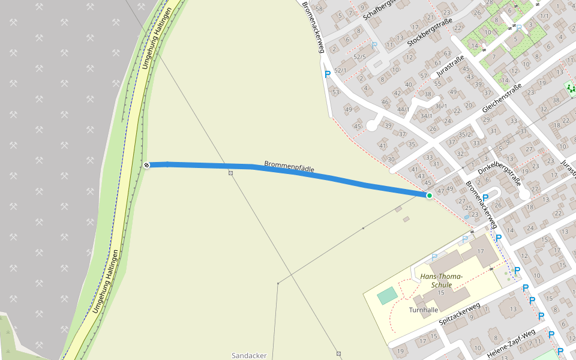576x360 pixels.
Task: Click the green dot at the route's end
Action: [x=430, y=196]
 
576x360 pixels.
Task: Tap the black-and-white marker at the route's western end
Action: [x=146, y=165]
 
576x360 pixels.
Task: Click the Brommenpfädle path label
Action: [x=289, y=166]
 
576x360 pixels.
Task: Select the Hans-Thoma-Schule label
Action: [x=441, y=280]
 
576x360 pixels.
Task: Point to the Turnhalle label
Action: [x=424, y=310]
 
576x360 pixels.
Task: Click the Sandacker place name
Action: [x=249, y=355]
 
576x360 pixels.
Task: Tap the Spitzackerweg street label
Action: [x=460, y=314]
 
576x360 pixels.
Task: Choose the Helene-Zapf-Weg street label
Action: [x=511, y=344]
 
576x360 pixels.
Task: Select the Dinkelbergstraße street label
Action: [x=499, y=160]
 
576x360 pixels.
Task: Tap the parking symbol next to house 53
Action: [x=327, y=74]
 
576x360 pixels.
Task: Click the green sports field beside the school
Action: [x=387, y=295]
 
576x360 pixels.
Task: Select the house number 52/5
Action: [x=359, y=56]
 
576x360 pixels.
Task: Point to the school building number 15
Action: [x=441, y=293]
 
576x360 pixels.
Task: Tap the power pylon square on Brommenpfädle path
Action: [x=230, y=173]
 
